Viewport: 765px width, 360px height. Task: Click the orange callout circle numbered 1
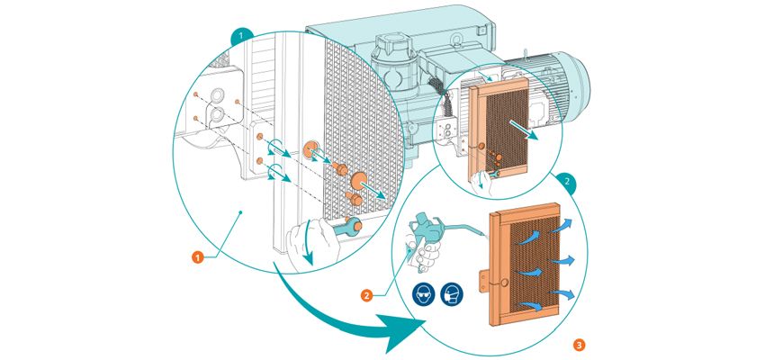196,257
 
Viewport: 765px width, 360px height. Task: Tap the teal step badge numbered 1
238,37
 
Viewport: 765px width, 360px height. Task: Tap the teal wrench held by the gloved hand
341,230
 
